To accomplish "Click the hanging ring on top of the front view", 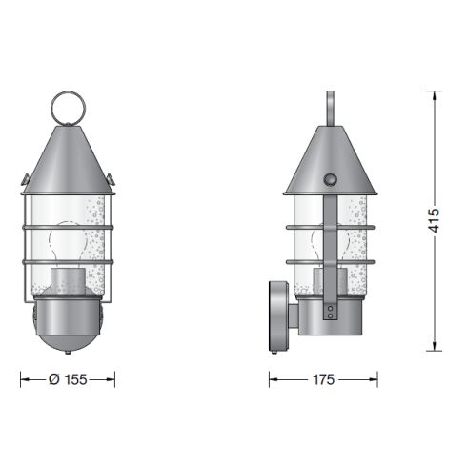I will [68, 106].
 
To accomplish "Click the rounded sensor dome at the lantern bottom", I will [67, 329].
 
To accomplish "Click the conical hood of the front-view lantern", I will [67, 157].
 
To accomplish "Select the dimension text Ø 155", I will [67, 379].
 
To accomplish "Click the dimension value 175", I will [323, 379].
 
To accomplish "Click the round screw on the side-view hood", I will [331, 179].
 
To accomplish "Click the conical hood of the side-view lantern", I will [330, 157].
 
